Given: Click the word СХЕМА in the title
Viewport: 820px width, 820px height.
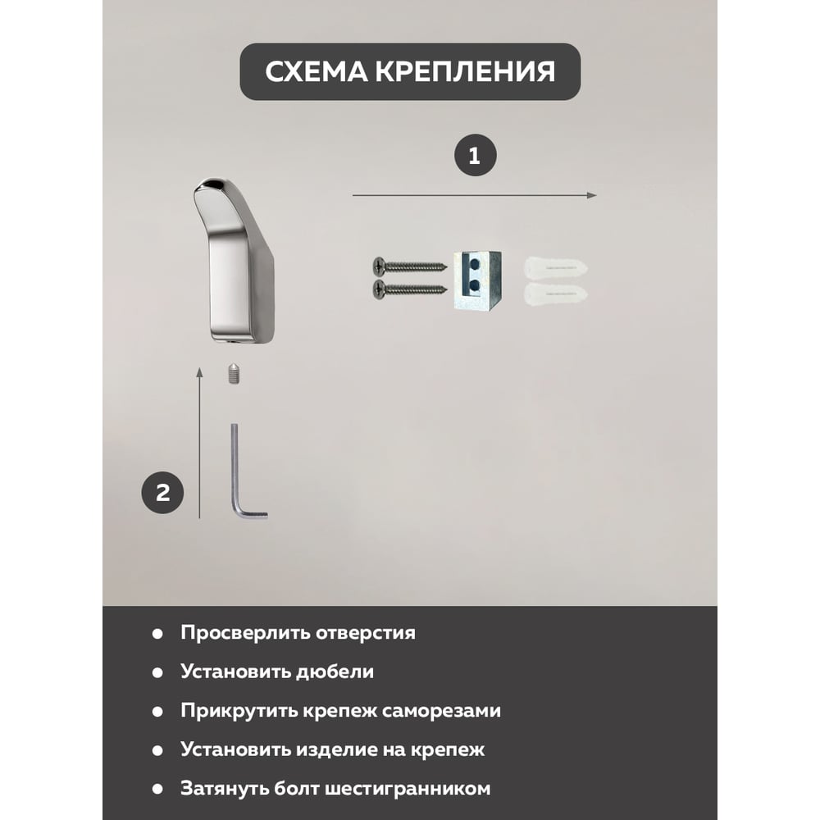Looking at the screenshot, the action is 317,71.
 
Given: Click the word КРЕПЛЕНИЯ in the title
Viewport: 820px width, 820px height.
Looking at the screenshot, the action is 465,71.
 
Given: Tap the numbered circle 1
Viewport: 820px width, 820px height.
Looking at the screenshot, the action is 475,155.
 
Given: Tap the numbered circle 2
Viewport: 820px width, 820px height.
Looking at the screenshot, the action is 162,493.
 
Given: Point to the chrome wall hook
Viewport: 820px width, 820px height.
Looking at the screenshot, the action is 235,261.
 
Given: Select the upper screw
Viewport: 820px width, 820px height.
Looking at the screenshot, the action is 410,266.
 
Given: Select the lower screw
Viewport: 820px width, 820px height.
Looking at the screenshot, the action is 410,289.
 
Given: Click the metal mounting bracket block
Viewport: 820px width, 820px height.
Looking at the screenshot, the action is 477,281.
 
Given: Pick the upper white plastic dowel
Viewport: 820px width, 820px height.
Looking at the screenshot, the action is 556,269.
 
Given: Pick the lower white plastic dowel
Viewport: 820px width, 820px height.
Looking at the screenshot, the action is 556,294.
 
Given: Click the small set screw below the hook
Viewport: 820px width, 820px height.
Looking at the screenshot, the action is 234,374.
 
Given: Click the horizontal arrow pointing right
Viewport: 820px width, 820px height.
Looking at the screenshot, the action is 474,195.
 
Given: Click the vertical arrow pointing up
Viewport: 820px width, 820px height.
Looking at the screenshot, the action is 199,443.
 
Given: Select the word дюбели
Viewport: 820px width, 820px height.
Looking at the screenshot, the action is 335,672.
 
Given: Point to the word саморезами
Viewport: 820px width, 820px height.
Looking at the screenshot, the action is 441,711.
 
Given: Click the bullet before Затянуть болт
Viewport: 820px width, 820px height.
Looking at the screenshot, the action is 157,789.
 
